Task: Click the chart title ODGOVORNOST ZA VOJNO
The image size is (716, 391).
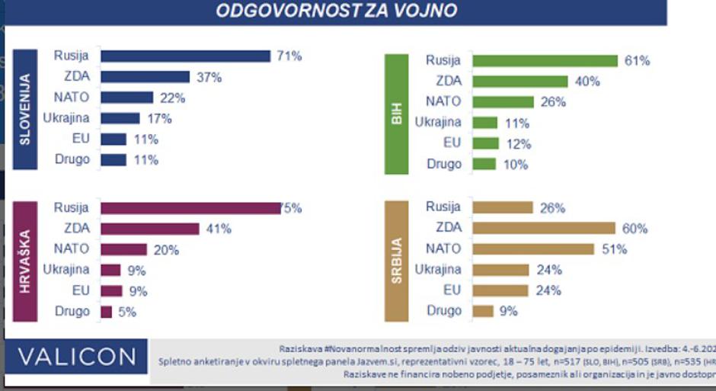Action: (336, 11)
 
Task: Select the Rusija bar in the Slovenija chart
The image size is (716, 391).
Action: (185, 56)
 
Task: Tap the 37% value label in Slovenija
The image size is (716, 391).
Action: (209, 77)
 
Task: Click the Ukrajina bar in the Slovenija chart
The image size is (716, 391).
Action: (120, 118)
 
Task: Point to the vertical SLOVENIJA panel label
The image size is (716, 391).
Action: (24, 108)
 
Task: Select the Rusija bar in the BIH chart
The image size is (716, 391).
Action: (545, 61)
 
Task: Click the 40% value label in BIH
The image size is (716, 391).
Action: (587, 82)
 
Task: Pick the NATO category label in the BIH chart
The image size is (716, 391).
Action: (443, 101)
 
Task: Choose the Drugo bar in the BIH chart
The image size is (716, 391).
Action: (484, 164)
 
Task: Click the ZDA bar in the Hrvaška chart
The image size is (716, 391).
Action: (149, 229)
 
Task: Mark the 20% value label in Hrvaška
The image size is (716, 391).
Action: (165, 249)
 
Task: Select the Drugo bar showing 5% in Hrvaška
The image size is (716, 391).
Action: (106, 311)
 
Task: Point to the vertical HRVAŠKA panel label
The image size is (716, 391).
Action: (24, 260)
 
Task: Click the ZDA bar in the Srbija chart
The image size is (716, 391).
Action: (543, 228)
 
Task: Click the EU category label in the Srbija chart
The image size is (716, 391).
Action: (452, 290)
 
